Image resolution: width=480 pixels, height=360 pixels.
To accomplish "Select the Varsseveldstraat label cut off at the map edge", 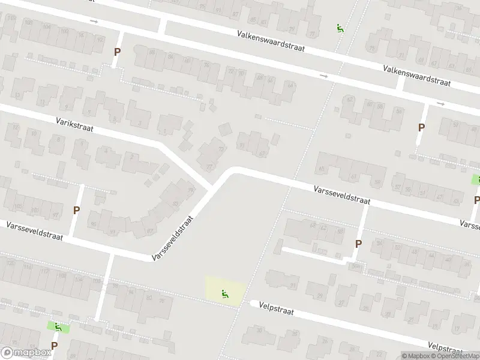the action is point(469,224).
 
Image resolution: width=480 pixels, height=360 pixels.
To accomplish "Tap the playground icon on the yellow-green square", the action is point(226,294).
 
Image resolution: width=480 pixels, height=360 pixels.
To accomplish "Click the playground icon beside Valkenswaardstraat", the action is point(340,28).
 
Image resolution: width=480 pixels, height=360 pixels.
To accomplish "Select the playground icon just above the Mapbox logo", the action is point(58,327).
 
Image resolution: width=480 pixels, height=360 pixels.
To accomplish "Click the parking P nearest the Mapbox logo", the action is point(55,346).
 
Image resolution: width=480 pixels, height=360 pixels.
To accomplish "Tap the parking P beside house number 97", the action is point(76,210).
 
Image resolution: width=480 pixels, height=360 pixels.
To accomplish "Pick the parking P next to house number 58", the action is point(358,244).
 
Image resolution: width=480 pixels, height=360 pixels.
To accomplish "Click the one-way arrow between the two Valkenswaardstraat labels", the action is point(324,76).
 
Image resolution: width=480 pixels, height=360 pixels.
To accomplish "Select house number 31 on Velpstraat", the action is point(293,285).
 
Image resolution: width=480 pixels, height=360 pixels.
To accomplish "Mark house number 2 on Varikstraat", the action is point(131,156).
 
